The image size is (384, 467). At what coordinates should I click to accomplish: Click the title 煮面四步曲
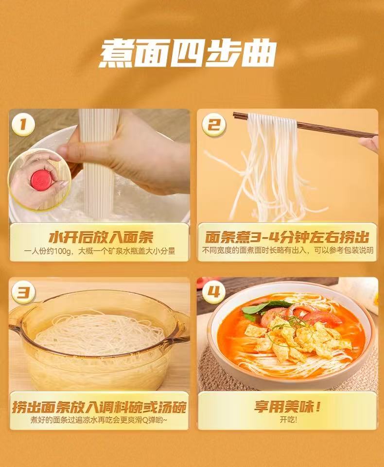188,53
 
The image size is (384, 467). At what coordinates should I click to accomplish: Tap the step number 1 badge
23,124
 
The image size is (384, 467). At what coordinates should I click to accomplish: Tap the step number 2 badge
213,125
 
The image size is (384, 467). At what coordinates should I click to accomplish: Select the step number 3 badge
23,292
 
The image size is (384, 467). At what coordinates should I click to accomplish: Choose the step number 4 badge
213,292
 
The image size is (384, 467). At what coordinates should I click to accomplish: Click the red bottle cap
41,180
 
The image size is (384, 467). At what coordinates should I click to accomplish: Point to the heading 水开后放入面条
101,238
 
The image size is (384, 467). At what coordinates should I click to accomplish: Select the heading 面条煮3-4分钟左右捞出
287,237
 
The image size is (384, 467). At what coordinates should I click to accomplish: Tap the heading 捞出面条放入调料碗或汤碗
99,407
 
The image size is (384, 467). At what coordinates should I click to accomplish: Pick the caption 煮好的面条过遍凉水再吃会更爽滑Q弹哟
99,420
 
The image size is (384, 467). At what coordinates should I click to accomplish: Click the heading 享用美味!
287,406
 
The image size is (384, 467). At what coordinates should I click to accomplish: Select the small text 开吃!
288,419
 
